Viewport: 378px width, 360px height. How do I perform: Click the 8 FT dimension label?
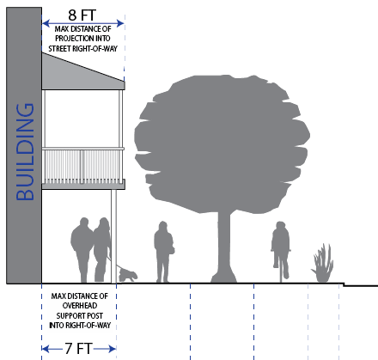point(82,15)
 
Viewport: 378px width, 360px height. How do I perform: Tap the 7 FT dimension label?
point(78,349)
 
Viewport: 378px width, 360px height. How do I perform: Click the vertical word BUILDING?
point(25,152)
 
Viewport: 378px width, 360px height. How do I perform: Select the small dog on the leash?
point(128,275)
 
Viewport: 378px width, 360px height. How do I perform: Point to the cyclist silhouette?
point(281,247)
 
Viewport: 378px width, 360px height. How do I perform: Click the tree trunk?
point(224,247)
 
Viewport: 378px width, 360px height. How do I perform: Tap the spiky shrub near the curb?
point(323,264)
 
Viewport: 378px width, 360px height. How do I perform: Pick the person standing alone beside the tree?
point(164,252)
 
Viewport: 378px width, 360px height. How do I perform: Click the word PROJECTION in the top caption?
point(75,39)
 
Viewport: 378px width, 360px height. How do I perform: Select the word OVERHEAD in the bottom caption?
point(80,306)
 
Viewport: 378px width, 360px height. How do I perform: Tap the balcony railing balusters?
point(83,167)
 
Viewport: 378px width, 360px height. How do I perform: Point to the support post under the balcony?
point(113,236)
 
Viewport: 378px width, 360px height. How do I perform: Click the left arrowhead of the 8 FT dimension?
point(46,23)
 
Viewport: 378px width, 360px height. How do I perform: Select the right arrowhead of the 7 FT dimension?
point(113,349)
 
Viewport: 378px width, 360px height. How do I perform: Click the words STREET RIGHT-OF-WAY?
point(82,49)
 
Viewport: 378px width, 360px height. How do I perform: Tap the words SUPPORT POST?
point(79,316)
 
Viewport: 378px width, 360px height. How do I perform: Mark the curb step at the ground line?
point(344,284)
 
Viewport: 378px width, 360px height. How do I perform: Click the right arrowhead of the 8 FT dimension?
point(120,23)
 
